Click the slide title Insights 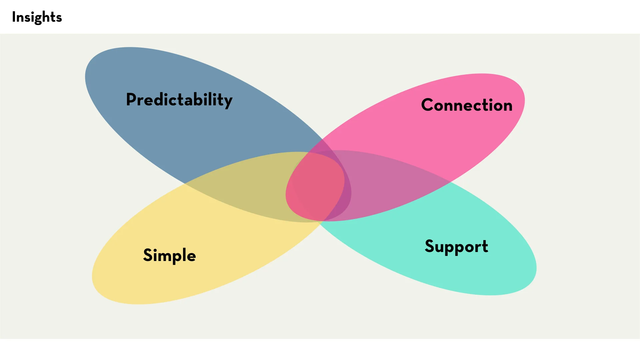tap(37, 17)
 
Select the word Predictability tap(179, 100)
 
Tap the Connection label tap(467, 105)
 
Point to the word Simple tap(169, 255)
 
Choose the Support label tap(456, 247)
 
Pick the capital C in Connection tap(428, 105)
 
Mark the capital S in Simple tap(148, 255)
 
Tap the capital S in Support tap(430, 246)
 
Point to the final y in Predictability tap(228, 101)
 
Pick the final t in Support tap(485, 247)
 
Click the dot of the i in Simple tap(156, 249)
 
